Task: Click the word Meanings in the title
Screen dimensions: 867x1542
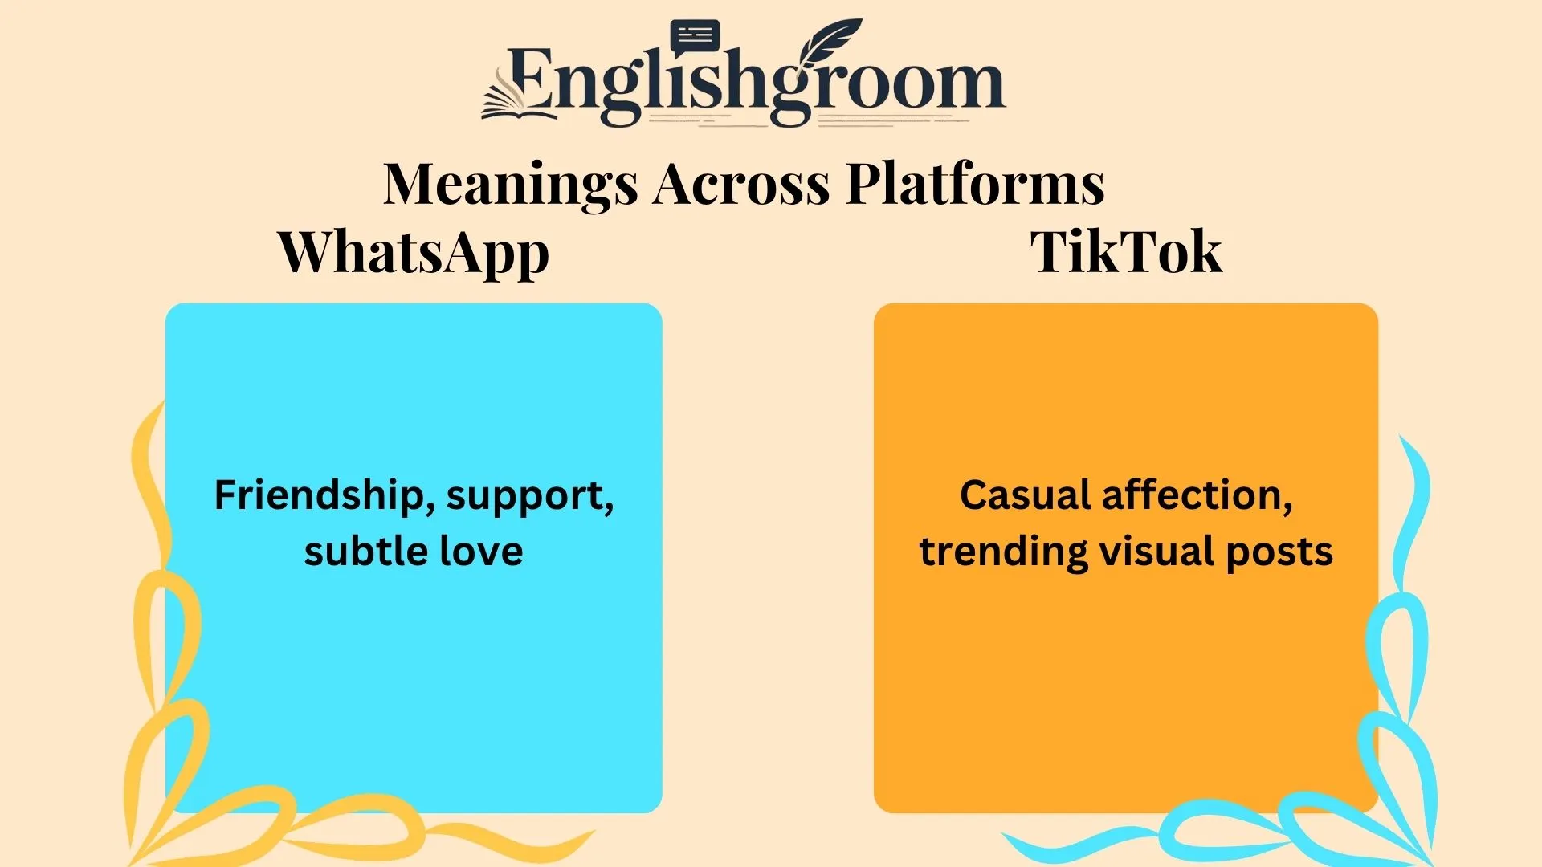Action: point(510,184)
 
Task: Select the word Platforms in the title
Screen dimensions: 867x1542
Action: point(975,184)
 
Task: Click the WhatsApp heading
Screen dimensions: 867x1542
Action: point(414,253)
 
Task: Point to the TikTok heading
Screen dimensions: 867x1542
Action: point(1126,252)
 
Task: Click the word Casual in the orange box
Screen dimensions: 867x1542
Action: point(1025,495)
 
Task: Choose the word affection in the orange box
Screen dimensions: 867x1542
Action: point(1197,495)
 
